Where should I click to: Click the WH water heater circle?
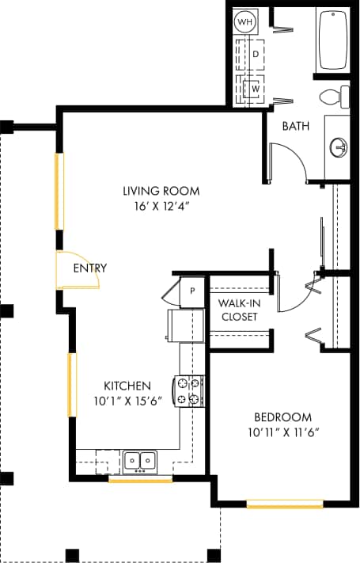245,22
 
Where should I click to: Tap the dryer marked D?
256,54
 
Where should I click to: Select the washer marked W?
256,89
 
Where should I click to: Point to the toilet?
336,97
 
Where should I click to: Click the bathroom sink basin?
339,147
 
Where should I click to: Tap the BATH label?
295,126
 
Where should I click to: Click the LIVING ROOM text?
161,191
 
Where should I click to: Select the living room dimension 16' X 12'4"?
161,206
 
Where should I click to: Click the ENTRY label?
89,268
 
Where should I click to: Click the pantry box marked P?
192,290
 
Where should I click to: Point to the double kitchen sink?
140,460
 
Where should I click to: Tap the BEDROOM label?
282,417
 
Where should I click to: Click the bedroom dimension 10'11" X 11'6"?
282,432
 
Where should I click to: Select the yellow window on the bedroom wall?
284,504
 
